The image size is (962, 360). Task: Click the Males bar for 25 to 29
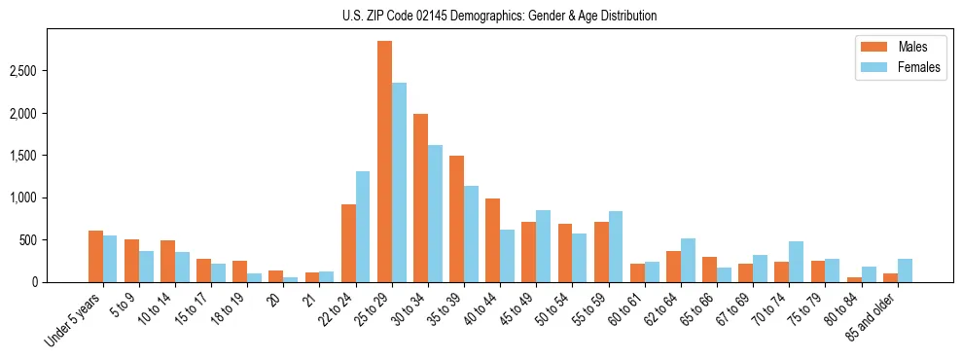coord(384,162)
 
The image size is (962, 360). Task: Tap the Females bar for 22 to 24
coord(363,227)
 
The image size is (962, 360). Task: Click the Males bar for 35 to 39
coord(456,219)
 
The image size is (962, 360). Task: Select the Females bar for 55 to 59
coord(616,247)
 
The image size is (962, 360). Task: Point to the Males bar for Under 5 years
coord(95,257)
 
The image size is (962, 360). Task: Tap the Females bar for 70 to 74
coord(796,262)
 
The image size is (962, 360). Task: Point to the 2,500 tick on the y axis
coord(51,71)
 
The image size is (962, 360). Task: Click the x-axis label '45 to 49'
coord(522,310)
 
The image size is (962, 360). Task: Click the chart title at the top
coord(499,16)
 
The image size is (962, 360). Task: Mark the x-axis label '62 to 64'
coord(666,310)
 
